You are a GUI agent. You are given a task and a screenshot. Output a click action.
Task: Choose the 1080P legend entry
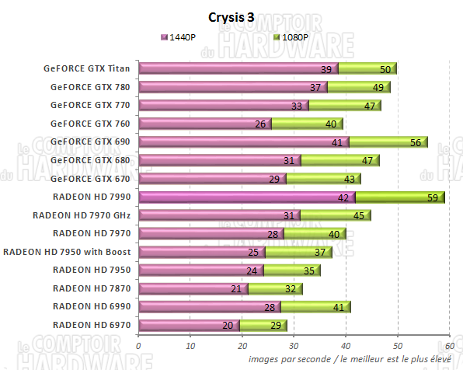[x=292, y=37]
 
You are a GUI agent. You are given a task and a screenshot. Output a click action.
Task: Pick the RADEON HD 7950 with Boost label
[x=67, y=252]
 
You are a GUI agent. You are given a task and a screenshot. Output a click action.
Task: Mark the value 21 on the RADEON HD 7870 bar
[x=236, y=288]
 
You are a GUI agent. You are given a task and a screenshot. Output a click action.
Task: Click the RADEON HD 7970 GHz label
[x=82, y=215]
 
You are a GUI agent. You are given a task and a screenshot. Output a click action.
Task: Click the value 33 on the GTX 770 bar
[x=296, y=106]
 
